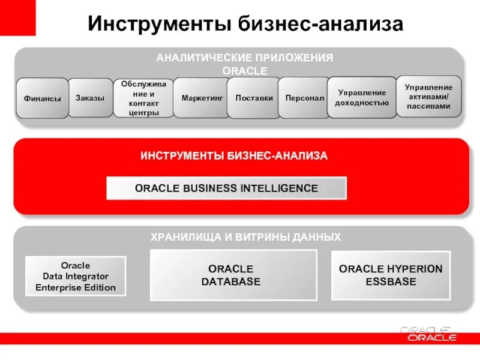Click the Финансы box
pyautogui.click(x=42, y=98)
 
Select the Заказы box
pyautogui.click(x=90, y=97)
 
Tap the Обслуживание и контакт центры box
pyautogui.click(x=143, y=98)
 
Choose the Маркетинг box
pyautogui.click(x=202, y=97)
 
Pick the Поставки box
pyautogui.click(x=254, y=97)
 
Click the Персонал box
pyautogui.click(x=304, y=97)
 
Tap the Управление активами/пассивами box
pyautogui.click(x=429, y=97)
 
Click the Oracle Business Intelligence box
pyautogui.click(x=226, y=188)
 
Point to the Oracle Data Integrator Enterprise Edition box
pyautogui.click(x=76, y=276)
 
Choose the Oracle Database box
pyautogui.click(x=233, y=275)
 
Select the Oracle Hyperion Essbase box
pyautogui.click(x=390, y=275)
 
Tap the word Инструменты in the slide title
pyautogui.click(x=157, y=24)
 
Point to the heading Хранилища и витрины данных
pyautogui.click(x=245, y=237)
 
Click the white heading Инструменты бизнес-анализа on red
pyautogui.click(x=234, y=156)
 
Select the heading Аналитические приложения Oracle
pyautogui.click(x=244, y=64)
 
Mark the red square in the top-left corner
pyautogui.click(x=17, y=17)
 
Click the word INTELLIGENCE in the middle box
pyautogui.click(x=279, y=188)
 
